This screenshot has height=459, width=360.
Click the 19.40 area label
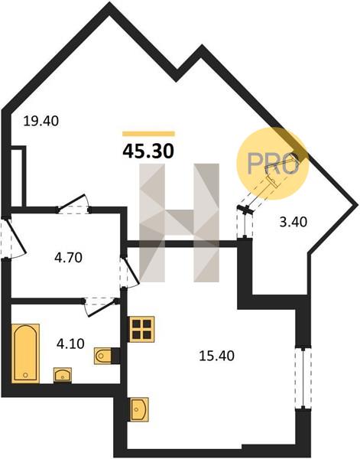pyautogui.click(x=41, y=121)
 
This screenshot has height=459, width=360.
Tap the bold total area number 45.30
pyautogui.click(x=148, y=151)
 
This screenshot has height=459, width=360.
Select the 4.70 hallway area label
pyautogui.click(x=69, y=258)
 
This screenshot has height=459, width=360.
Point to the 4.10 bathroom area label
pyautogui.click(x=70, y=343)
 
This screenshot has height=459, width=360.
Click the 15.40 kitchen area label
pyautogui.click(x=216, y=356)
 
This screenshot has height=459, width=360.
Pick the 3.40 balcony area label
pyautogui.click(x=294, y=222)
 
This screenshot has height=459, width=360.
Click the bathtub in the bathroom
pyautogui.click(x=25, y=353)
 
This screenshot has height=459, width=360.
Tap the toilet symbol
pyautogui.click(x=102, y=356)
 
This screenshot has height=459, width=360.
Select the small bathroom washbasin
pyautogui.click(x=62, y=375)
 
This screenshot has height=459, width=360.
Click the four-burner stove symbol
pyautogui.click(x=141, y=329)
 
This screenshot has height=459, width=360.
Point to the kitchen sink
pyautogui.click(x=139, y=409)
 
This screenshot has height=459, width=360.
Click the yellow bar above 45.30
pyautogui.click(x=148, y=134)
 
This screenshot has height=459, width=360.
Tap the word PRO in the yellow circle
pyautogui.click(x=273, y=164)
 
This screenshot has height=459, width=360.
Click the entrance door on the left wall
pyautogui.click(x=15, y=238)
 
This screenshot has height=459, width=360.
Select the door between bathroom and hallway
pyautogui.click(x=100, y=306)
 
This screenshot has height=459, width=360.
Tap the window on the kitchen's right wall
pyautogui.click(x=303, y=378)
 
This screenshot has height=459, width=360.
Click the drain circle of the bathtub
pyautogui.click(x=25, y=375)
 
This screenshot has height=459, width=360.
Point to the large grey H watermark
pyautogui.click(x=180, y=223)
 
